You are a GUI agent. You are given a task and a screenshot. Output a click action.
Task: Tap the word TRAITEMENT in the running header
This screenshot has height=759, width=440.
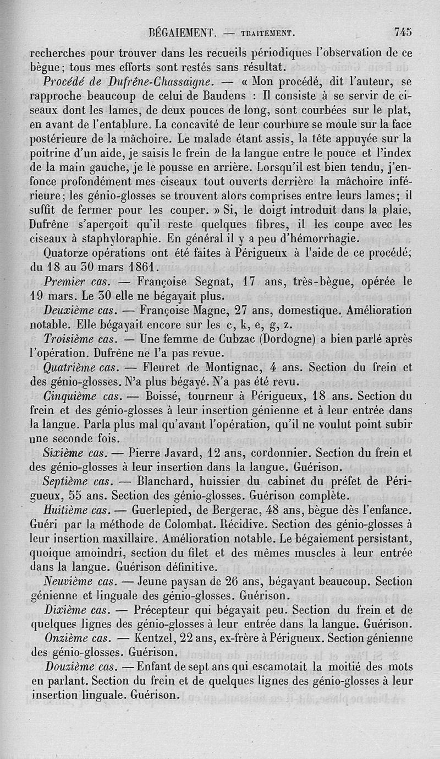[266, 33]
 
